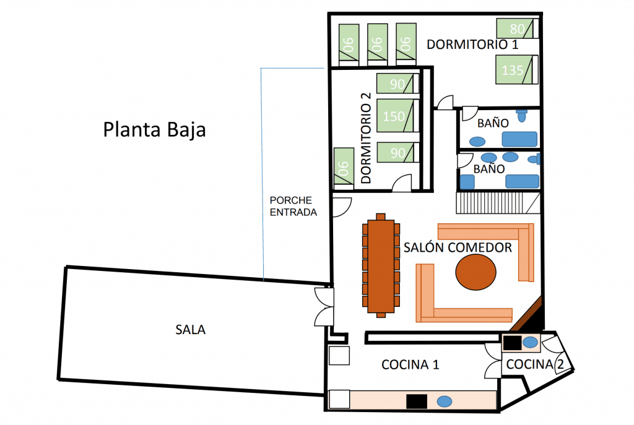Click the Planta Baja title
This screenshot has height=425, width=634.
pyautogui.click(x=154, y=131)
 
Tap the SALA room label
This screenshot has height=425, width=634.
pyautogui.click(x=191, y=330)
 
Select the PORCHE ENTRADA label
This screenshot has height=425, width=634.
pyautogui.click(x=293, y=207)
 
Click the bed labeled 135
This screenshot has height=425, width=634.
pyautogui.click(x=516, y=70)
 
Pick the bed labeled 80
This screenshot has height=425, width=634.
pyautogui.click(x=518, y=28)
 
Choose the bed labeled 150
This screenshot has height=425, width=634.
pyautogui.click(x=396, y=116)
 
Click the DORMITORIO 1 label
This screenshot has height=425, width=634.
pyautogui.click(x=472, y=45)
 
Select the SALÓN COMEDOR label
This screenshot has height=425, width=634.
pyautogui.click(x=458, y=247)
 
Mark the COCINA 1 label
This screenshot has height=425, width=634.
pyautogui.click(x=410, y=364)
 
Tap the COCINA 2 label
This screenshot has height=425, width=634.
pyautogui.click(x=536, y=364)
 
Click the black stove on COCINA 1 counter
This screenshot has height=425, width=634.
pyautogui.click(x=417, y=401)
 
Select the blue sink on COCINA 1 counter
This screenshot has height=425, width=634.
pyautogui.click(x=444, y=401)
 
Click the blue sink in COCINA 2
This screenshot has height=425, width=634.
pyautogui.click(x=531, y=342)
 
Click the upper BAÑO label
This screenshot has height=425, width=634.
pyautogui.click(x=489, y=124)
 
